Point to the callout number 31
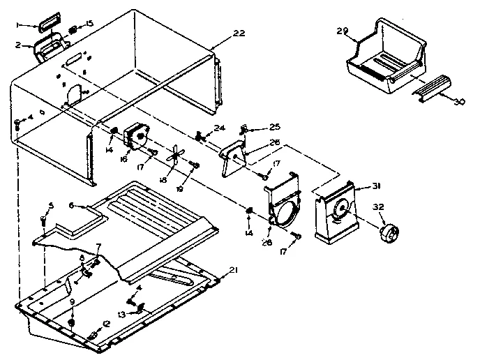(377, 186)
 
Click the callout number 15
(88, 24)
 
